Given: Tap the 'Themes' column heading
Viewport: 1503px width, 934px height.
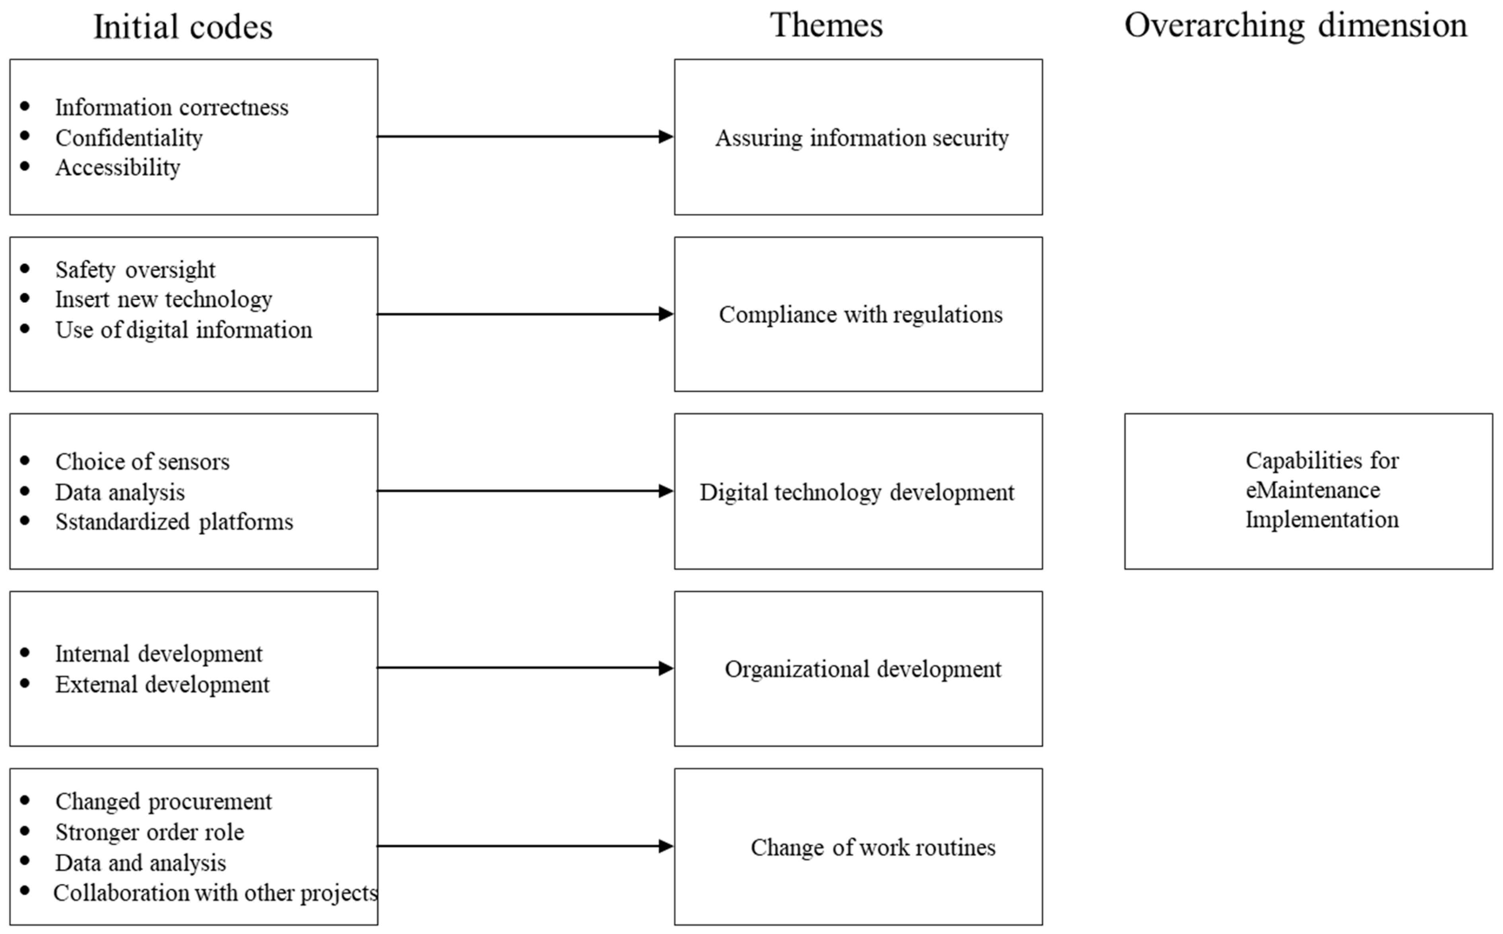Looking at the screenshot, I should tap(826, 26).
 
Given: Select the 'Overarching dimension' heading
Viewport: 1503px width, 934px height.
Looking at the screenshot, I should tap(1295, 26).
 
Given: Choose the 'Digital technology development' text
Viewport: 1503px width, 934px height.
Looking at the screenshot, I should tap(857, 492).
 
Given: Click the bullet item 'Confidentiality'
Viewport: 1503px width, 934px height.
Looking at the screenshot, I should tap(128, 138).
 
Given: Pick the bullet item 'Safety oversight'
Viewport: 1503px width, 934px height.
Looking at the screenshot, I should tap(135, 270).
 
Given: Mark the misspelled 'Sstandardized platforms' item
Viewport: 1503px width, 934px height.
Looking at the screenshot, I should tap(174, 522).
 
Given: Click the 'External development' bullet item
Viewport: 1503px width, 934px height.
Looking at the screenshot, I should tap(162, 684).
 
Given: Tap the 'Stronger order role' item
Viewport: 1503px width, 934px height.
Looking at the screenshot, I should tap(149, 832).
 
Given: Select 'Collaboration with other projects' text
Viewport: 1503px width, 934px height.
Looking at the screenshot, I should tap(215, 893).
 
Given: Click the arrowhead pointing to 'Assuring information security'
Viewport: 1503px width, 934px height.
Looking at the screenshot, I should tap(666, 136).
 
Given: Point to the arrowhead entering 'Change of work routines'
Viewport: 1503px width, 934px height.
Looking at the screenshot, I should tap(666, 846).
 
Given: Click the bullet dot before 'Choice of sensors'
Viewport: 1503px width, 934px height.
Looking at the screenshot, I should tap(25, 460).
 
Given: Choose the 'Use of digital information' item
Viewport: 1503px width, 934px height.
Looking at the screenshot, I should tap(184, 330).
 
